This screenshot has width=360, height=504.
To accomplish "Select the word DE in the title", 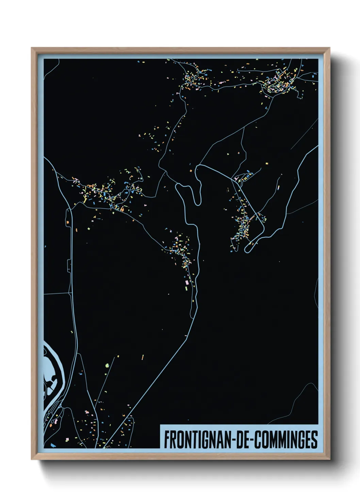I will (x=241, y=440).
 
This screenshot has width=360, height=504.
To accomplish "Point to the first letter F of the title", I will (x=166, y=440).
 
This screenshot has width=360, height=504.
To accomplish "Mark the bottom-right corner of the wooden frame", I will (x=329, y=459).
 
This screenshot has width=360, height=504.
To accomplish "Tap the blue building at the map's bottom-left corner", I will (x=52, y=445).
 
